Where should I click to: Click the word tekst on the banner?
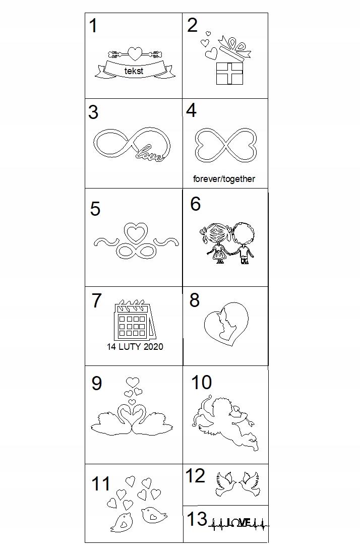coord(134,71)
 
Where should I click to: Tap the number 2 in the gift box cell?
coord(192,25)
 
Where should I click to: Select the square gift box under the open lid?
coord(230,74)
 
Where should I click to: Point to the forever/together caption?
coord(224,179)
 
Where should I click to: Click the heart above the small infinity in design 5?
coord(136,232)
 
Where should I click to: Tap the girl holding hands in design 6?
coord(217,243)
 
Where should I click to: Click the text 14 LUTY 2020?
coord(135,346)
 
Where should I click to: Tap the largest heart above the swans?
coord(133,383)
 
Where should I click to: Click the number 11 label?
coord(101,483)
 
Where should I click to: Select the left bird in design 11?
coord(122,523)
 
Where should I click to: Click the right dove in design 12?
coord(250,484)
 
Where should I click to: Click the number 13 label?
coord(197,519)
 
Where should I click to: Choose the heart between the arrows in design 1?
coord(135,53)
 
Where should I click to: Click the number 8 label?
coord(194,300)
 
